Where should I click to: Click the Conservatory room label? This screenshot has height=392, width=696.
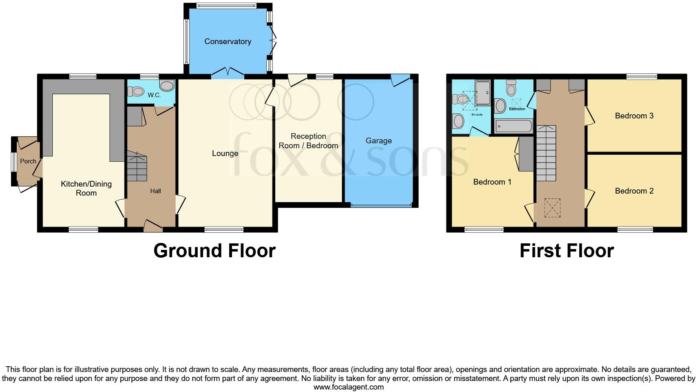click(228, 41)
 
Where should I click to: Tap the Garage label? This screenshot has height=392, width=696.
click(378, 140)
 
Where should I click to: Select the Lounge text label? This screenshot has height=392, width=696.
click(225, 153)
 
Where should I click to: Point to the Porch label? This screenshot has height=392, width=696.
click(28, 161)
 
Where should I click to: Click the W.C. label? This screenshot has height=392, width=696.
click(154, 95)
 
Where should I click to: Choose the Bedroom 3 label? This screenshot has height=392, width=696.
click(634, 116)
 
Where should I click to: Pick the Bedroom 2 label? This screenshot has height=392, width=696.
click(634, 191)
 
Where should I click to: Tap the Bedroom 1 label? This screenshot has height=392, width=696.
click(492, 182)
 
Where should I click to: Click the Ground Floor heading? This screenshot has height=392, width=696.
click(214, 250)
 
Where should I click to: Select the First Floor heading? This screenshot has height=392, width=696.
click(567, 250)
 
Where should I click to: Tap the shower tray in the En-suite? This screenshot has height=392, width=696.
click(482, 93)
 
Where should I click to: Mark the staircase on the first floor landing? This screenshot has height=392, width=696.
click(546, 153)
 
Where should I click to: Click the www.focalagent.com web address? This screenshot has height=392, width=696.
click(348, 387)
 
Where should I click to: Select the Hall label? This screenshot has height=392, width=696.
click(155, 191)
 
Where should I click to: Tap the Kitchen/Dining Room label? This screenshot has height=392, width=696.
click(86, 188)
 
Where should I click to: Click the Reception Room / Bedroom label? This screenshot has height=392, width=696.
click(308, 141)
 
